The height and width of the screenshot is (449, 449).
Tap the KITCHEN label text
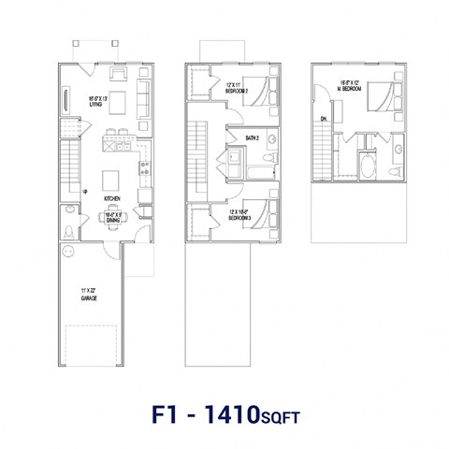pos(111,199)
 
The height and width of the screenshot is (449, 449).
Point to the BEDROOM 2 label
pos(236,90)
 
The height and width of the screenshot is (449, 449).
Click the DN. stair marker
pos(323,119)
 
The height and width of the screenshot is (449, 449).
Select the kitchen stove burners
pos(144,169)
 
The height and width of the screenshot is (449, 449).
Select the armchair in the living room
pos(120,74)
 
